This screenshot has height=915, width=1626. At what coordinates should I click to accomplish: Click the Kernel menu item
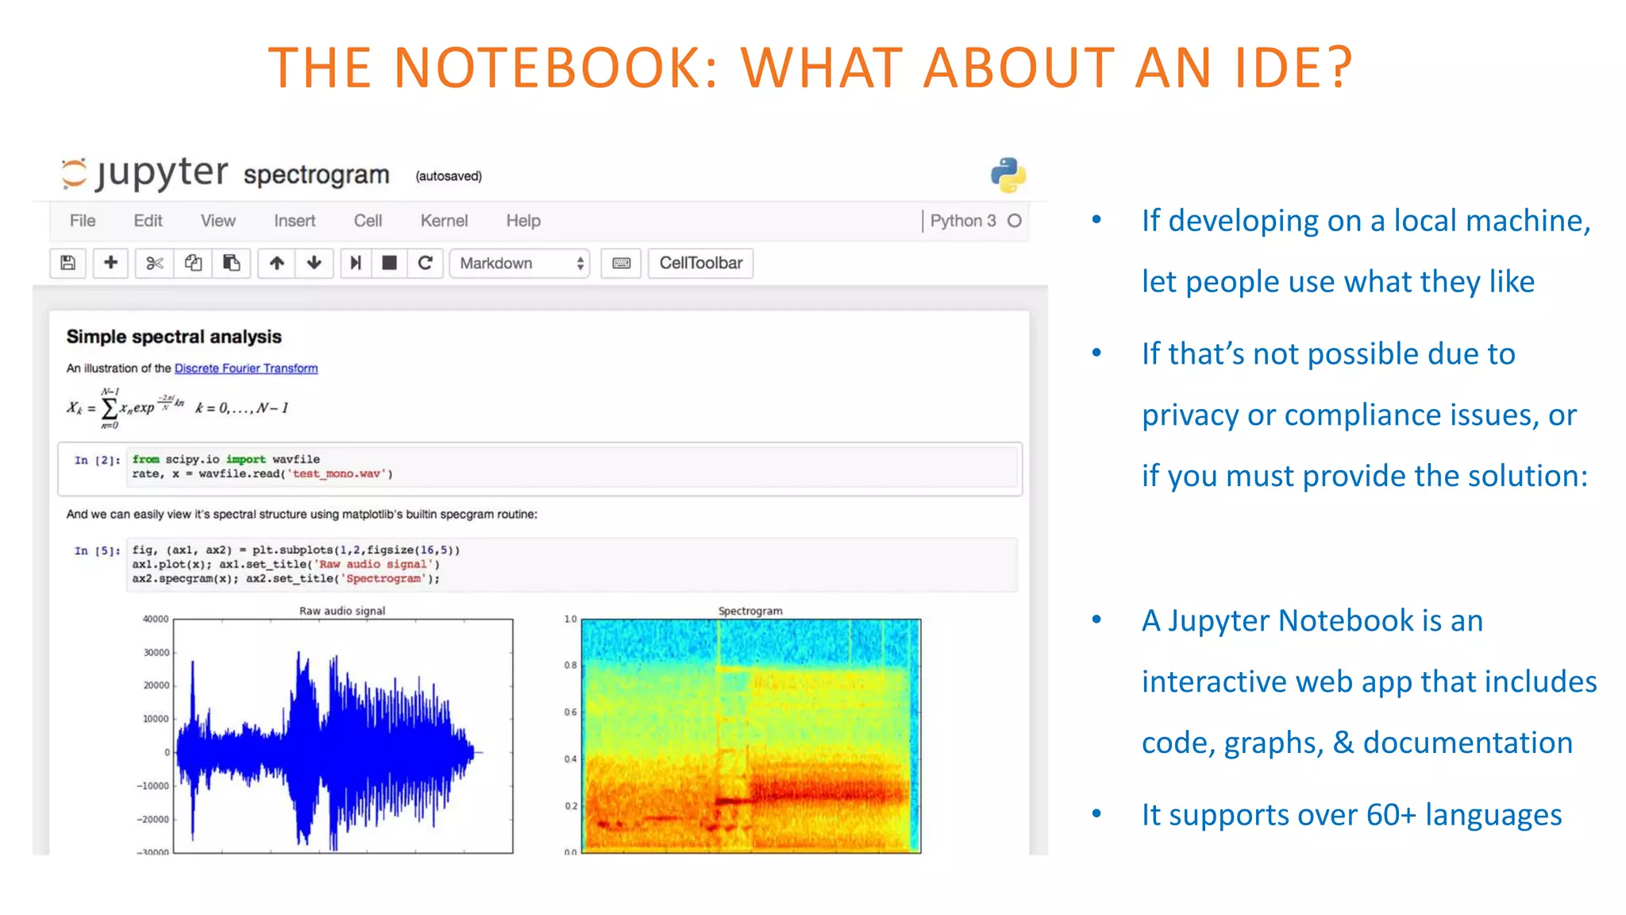[x=444, y=221]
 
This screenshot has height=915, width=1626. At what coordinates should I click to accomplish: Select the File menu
[x=83, y=221]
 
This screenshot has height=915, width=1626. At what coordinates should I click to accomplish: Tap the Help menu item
[x=523, y=221]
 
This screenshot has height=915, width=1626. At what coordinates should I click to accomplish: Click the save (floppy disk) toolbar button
[x=68, y=263]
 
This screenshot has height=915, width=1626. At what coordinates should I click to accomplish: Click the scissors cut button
[x=154, y=263]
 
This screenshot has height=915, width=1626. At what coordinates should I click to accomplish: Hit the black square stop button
[x=389, y=263]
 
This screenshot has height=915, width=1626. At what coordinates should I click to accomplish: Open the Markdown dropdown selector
[x=519, y=263]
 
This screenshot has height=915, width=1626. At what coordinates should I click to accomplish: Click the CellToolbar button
[x=700, y=263]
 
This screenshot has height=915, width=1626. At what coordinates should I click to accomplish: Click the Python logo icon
[x=1008, y=175]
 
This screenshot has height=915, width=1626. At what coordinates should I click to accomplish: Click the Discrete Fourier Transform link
[x=246, y=369]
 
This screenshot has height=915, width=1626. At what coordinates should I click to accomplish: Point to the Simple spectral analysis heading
[x=174, y=337]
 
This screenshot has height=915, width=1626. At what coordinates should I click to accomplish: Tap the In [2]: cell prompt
[x=97, y=460]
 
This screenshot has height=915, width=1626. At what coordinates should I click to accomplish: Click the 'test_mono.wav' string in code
[x=338, y=474]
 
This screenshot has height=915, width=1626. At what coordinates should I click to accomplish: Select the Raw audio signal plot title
[x=342, y=611]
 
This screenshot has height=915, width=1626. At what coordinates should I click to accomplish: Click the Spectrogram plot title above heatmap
[x=750, y=611]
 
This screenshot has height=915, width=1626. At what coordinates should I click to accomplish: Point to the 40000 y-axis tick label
[x=156, y=619]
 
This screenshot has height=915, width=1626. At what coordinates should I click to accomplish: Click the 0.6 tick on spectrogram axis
[x=570, y=712]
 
